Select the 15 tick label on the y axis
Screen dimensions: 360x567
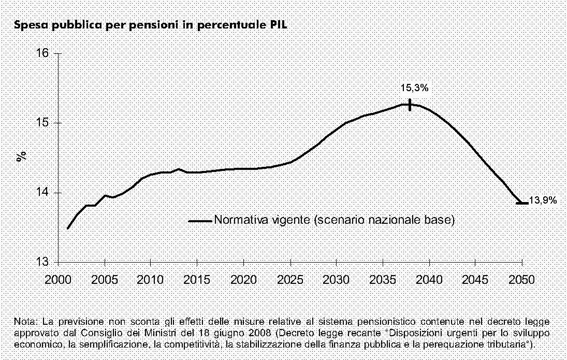pos(43,123)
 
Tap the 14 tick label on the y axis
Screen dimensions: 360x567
pos(43,193)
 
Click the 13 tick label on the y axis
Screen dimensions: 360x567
pos(43,262)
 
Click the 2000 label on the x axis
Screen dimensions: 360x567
pos(59,279)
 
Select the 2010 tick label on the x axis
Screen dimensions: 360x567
pos(151,279)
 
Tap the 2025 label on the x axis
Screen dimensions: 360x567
pos(290,279)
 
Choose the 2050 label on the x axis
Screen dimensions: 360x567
pos(522,279)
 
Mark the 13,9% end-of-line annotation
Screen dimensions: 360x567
pos(543,201)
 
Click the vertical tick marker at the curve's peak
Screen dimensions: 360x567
pos(410,105)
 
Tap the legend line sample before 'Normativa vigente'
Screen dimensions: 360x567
pos(200,220)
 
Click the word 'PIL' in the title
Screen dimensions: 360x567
pos(277,25)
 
